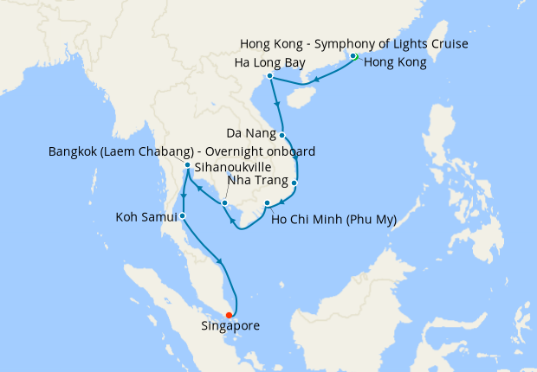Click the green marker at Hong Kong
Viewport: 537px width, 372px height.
[x=353, y=57]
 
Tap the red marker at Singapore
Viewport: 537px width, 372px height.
[x=229, y=315]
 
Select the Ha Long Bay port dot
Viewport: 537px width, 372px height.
[x=270, y=76]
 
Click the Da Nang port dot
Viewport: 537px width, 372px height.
[x=282, y=135]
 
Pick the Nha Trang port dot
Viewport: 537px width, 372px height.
[x=294, y=183]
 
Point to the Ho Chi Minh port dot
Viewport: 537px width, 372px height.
[x=267, y=204]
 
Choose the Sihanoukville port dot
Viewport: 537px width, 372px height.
[x=224, y=203]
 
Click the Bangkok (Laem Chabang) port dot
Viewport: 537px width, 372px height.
[x=187, y=164]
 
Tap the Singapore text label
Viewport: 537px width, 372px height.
[x=230, y=327]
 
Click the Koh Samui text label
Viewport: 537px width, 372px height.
[x=146, y=215]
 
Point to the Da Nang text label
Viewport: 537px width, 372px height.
[x=251, y=134]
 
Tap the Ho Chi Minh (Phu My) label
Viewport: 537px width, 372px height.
[x=333, y=220]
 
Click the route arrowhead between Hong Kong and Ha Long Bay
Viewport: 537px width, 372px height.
[x=316, y=81]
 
